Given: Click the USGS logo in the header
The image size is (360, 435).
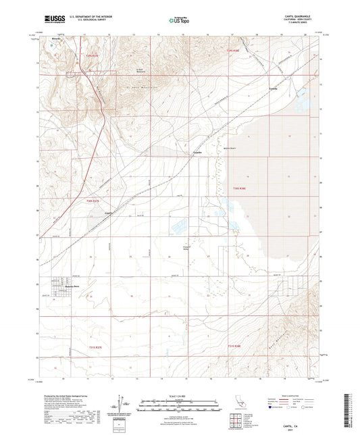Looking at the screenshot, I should tap(52, 18).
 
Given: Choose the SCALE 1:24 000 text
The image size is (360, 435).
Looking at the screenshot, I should tap(180, 395).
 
